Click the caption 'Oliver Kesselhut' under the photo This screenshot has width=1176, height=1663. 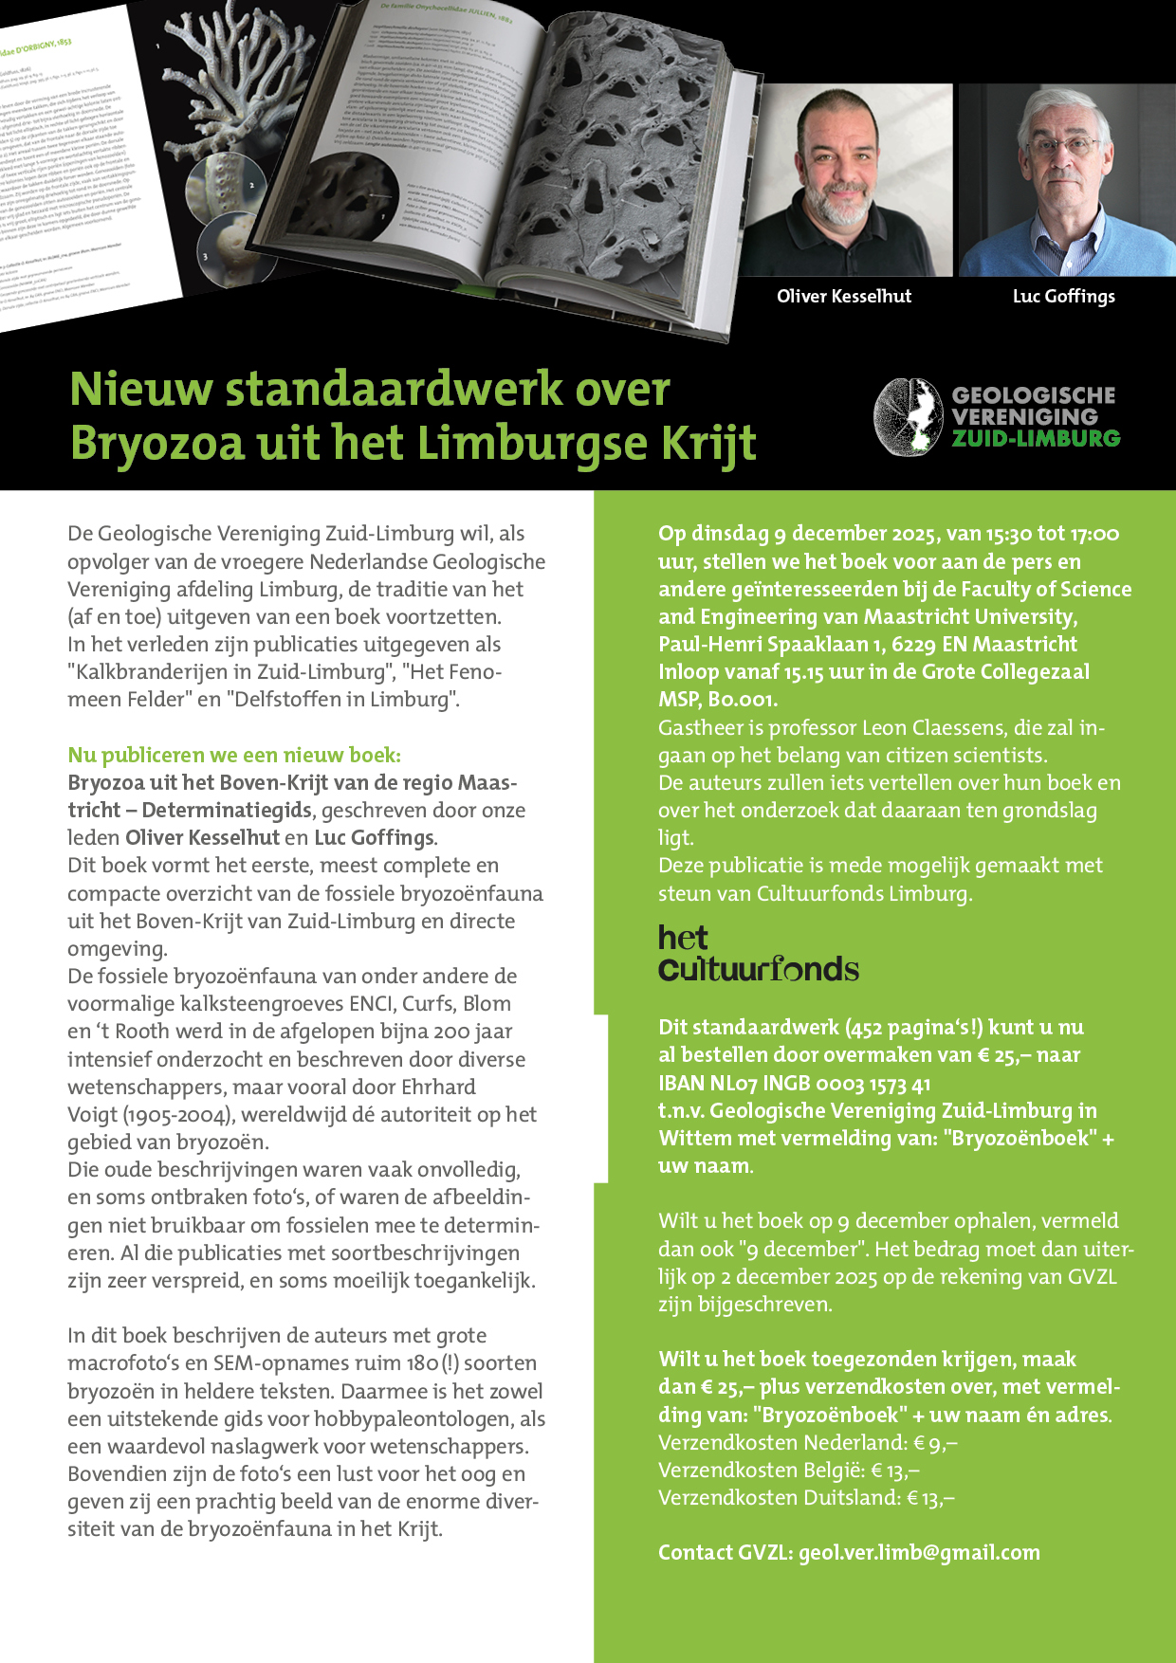(843, 296)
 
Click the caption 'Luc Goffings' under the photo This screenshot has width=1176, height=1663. (1063, 296)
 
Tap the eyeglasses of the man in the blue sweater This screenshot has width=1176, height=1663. (1064, 147)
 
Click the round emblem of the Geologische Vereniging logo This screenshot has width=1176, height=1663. (909, 417)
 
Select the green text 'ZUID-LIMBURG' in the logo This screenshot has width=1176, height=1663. (1036, 438)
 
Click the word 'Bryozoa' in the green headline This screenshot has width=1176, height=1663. (156, 443)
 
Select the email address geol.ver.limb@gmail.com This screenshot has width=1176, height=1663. (919, 1552)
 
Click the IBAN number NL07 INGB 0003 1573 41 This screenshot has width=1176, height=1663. (794, 1083)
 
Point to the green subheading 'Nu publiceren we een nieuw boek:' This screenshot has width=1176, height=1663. (234, 755)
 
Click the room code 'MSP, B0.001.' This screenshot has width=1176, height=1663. (718, 700)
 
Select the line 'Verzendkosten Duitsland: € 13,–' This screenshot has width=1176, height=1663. (806, 1497)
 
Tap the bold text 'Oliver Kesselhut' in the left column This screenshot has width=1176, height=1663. (202, 837)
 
